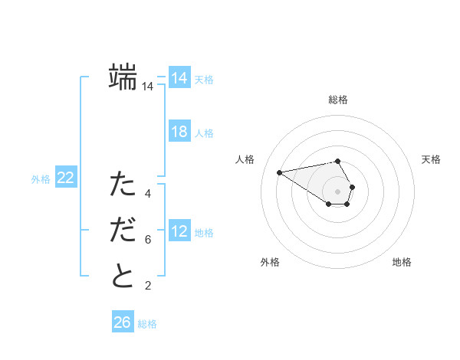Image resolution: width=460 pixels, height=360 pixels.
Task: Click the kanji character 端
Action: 123,78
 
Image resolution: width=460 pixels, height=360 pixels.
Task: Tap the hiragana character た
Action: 123,185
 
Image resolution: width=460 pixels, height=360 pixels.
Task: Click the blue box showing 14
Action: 179,78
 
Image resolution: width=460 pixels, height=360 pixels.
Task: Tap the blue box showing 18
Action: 179,132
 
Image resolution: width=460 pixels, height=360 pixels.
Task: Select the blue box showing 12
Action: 179,231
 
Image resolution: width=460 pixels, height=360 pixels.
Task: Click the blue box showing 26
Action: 123,322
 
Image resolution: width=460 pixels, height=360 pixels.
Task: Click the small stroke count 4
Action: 148,194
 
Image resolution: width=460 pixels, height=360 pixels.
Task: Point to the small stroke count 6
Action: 148,240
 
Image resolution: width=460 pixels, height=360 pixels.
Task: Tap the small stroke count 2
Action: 148,286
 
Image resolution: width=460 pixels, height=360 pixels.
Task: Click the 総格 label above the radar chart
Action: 338,100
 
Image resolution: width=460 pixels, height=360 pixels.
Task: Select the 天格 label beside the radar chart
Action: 432,159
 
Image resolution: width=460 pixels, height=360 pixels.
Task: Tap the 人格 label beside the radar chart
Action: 245,159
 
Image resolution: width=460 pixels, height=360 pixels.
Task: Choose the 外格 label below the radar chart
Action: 270,262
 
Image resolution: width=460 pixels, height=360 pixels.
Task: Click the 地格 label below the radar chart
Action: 402,262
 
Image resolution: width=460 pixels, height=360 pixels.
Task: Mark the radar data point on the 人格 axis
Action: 280,172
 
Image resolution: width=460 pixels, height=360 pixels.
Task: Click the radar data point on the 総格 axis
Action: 338,162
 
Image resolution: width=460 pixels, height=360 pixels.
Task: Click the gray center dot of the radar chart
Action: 338,191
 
